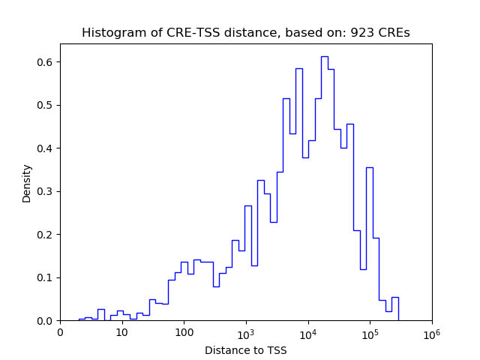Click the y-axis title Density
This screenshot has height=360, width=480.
click(27, 183)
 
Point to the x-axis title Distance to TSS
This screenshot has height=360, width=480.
click(246, 350)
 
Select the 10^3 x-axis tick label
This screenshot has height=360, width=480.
click(245, 332)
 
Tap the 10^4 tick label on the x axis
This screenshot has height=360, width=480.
click(307, 332)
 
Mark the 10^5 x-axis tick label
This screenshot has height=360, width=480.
click(369, 332)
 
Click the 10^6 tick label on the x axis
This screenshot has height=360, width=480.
click(431, 332)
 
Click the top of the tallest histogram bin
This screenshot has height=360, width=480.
click(324, 57)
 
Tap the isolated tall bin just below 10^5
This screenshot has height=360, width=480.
click(369, 168)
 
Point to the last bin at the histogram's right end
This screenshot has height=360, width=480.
click(394, 298)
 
